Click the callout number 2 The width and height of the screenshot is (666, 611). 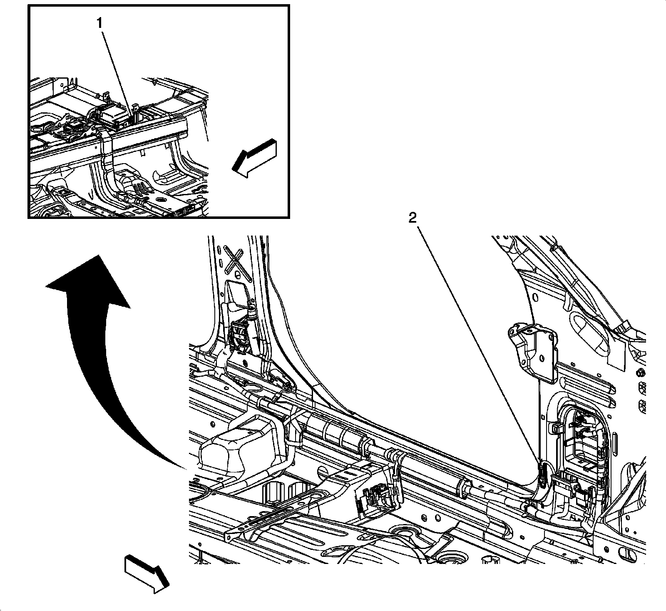412,219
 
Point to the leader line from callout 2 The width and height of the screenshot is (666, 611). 479,341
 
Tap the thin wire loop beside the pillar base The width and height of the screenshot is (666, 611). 253,389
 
